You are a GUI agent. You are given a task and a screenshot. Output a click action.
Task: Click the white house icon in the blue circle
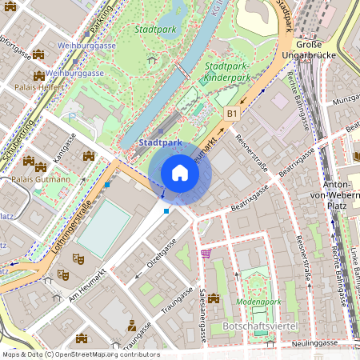tap(180, 172)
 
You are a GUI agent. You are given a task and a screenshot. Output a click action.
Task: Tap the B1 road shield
tap(232, 114)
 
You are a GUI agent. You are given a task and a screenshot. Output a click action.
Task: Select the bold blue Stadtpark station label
tap(161, 142)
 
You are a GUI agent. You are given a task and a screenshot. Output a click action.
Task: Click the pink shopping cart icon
tap(206, 254)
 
